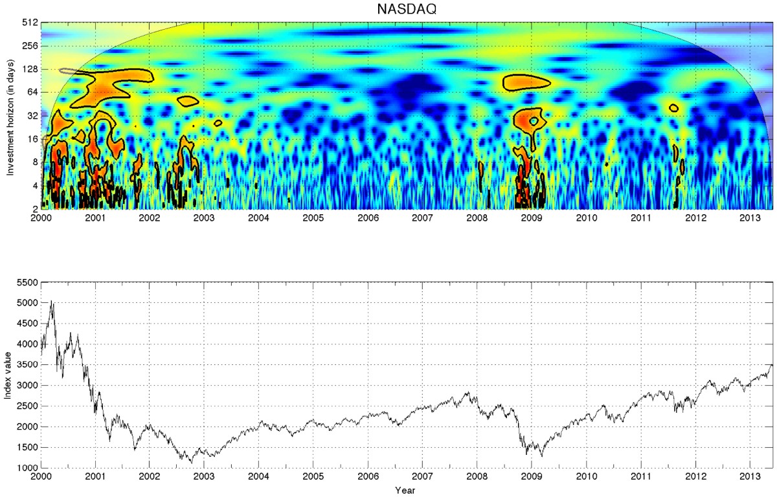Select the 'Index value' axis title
10,375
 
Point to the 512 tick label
30,23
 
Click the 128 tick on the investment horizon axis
30,69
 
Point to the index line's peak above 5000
52,302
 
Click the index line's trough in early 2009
541,456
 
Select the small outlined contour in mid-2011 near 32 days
674,108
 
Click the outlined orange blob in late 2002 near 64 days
188,101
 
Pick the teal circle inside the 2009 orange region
534,121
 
